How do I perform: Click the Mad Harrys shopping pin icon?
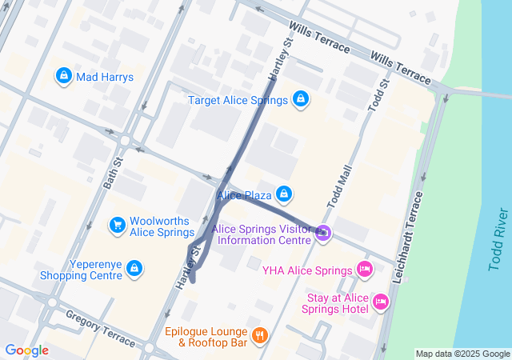(x=63, y=76)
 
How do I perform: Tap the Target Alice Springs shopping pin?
(x=300, y=99)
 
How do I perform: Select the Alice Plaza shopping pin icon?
(x=284, y=193)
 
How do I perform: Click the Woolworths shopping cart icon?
(x=118, y=225)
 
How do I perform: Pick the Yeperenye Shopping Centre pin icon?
(x=134, y=266)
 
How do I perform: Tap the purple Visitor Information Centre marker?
(x=323, y=234)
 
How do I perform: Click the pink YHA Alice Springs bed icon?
(x=365, y=269)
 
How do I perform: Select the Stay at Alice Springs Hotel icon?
(x=381, y=302)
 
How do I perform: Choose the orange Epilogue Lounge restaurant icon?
(x=258, y=336)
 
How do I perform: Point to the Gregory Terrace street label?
(x=100, y=328)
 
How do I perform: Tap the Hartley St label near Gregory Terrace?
(x=186, y=268)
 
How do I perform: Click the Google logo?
(x=26, y=350)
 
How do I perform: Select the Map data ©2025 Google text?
(x=462, y=354)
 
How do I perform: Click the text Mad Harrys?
(x=105, y=77)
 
